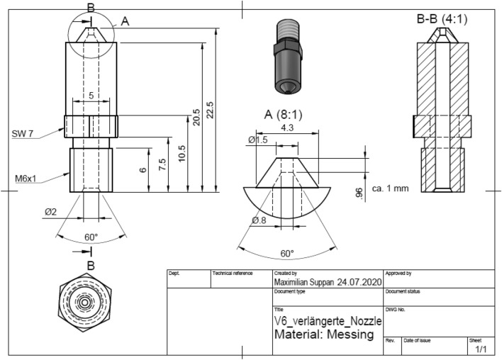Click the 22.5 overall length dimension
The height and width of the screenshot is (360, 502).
click(x=209, y=110)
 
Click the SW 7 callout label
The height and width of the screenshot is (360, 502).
click(x=23, y=133)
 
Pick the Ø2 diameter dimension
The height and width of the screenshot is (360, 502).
click(x=50, y=212)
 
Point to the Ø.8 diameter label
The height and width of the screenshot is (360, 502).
click(x=258, y=220)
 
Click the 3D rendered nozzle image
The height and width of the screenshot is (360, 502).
click(x=287, y=58)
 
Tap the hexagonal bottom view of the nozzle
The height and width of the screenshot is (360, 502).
click(x=84, y=301)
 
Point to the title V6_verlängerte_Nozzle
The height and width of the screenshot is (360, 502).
click(x=328, y=321)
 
